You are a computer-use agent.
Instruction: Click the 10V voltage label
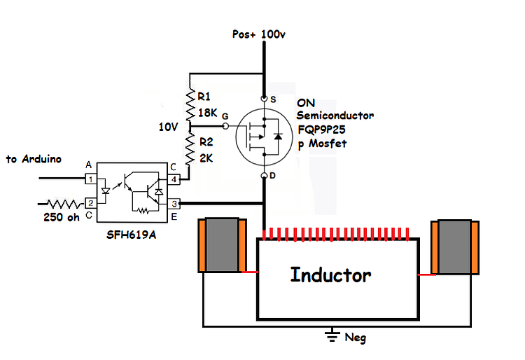pyautogui.click(x=169, y=127)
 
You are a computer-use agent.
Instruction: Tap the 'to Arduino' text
pyautogui.click(x=33, y=159)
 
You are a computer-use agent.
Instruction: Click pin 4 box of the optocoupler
pyautogui.click(x=174, y=179)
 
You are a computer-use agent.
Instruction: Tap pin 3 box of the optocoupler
pyautogui.click(x=174, y=204)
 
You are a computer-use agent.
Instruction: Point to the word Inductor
pyautogui.click(x=330, y=275)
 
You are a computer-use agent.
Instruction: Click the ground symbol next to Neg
pyautogui.click(x=331, y=335)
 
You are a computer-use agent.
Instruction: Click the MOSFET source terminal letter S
pyautogui.click(x=272, y=99)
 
